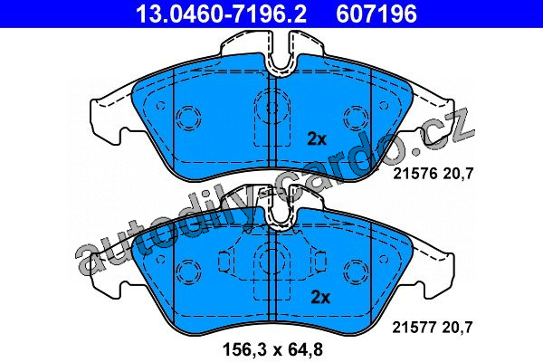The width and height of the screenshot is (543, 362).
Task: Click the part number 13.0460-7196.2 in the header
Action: [x=221, y=14]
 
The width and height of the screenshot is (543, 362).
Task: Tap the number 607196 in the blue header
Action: [x=376, y=14]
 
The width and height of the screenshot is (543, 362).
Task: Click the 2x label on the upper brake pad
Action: [x=317, y=139]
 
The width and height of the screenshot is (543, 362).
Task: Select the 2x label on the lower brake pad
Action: [x=320, y=297]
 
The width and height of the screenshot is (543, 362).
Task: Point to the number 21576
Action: [x=414, y=173]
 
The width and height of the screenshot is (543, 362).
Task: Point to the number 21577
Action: [x=414, y=327]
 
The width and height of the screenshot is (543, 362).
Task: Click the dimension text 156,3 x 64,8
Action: [x=273, y=349]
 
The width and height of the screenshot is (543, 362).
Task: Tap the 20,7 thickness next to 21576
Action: [x=458, y=174]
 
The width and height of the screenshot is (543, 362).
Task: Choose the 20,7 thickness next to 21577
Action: [x=457, y=328]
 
